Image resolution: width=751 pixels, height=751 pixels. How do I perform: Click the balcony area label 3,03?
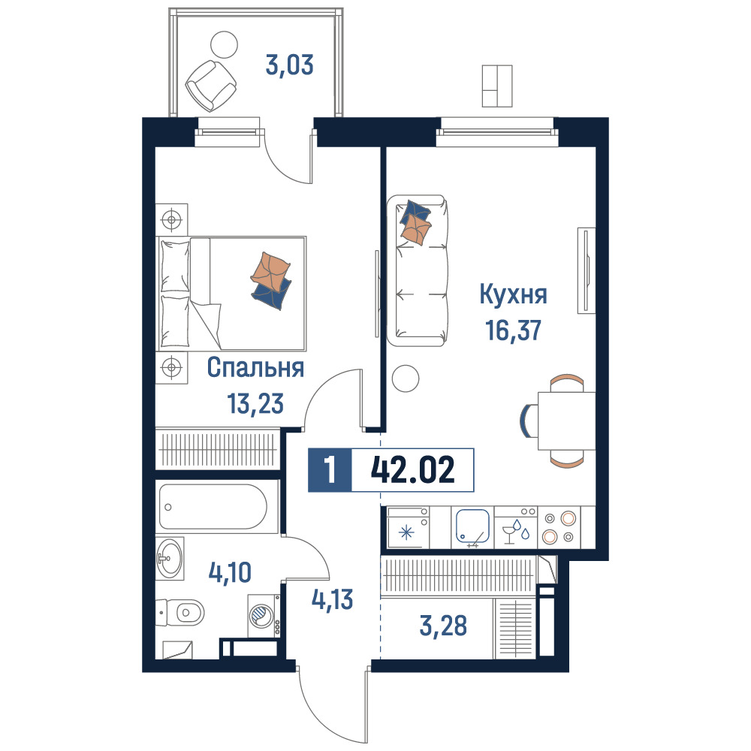pyautogui.click(x=289, y=65)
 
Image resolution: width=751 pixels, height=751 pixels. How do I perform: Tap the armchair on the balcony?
pyautogui.click(x=211, y=85)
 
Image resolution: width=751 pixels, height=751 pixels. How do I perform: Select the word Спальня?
pyautogui.click(x=255, y=368)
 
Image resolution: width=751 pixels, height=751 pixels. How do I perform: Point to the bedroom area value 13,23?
pyautogui.click(x=255, y=403)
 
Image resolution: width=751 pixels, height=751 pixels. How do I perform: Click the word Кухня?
pyautogui.click(x=513, y=295)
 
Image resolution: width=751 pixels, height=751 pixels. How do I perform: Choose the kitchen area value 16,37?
pyautogui.click(x=514, y=330)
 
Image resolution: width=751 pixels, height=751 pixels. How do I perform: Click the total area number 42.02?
pyautogui.click(x=412, y=470)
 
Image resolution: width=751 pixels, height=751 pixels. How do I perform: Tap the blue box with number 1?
pyautogui.click(x=330, y=470)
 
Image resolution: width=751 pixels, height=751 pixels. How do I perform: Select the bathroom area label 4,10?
pyautogui.click(x=230, y=572)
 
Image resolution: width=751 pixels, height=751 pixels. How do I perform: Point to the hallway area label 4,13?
pyautogui.click(x=333, y=599)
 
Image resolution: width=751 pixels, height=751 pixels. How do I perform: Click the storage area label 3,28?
pyautogui.click(x=443, y=626)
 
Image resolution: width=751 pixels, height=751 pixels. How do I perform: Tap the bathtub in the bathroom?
pyautogui.click(x=213, y=507)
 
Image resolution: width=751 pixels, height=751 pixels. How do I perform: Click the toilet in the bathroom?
pyautogui.click(x=180, y=612)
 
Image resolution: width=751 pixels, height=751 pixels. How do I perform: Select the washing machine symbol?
pyautogui.click(x=264, y=616)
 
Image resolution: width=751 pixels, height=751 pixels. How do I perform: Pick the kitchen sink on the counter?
pyautogui.click(x=472, y=527)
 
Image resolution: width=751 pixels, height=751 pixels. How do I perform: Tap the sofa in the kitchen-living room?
pyautogui.click(x=417, y=270)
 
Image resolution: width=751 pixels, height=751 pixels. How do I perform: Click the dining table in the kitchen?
pyautogui.click(x=566, y=421)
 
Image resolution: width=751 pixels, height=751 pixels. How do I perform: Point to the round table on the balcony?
pyautogui.click(x=224, y=44)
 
